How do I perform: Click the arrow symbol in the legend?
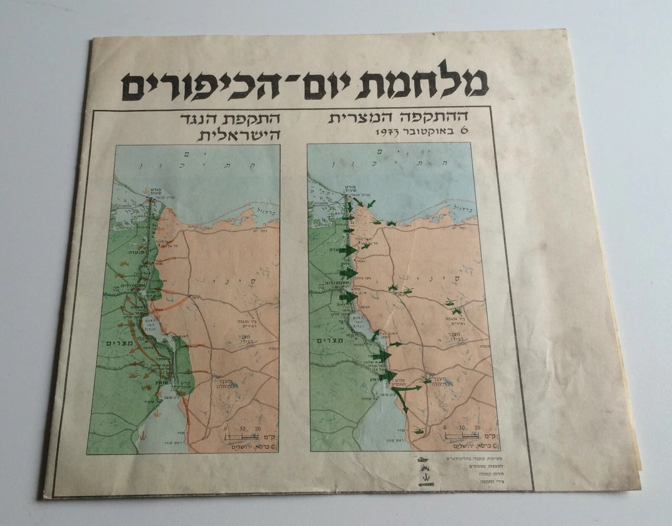tap(427, 484)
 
